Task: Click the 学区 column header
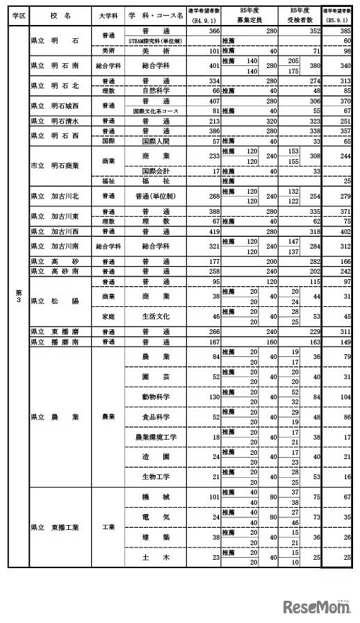pyautogui.click(x=18, y=15)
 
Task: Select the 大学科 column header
pyautogui.click(x=107, y=15)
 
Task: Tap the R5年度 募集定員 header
pyautogui.click(x=250, y=15)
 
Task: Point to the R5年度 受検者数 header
pyautogui.click(x=300, y=15)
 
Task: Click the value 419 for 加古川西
pyautogui.click(x=212, y=231)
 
